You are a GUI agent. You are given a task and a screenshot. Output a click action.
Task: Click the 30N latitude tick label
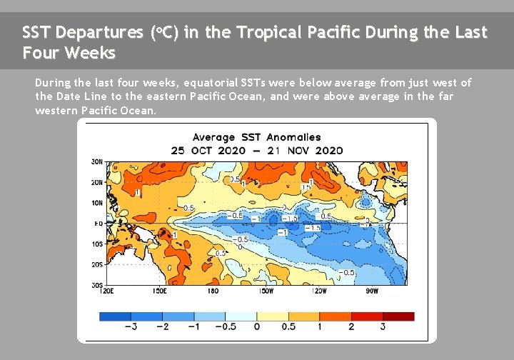click(x=97, y=161)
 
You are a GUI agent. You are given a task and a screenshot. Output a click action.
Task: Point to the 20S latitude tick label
click(x=97, y=264)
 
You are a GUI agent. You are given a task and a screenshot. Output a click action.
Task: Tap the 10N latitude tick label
click(x=97, y=203)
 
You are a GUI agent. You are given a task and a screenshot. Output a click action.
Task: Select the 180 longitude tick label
click(x=213, y=291)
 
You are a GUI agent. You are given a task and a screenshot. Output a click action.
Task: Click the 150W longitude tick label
click(x=266, y=291)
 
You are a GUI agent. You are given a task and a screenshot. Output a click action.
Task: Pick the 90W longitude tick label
click(x=372, y=291)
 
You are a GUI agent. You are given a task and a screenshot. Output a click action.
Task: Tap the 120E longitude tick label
click(x=107, y=291)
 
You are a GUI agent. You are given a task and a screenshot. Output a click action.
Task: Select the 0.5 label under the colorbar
click(x=288, y=326)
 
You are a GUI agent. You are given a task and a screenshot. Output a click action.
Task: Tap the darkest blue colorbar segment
click(x=114, y=316)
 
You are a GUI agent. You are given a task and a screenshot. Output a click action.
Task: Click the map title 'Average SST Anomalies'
click(x=257, y=137)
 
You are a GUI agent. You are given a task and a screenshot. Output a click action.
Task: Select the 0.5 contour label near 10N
click(x=189, y=208)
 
